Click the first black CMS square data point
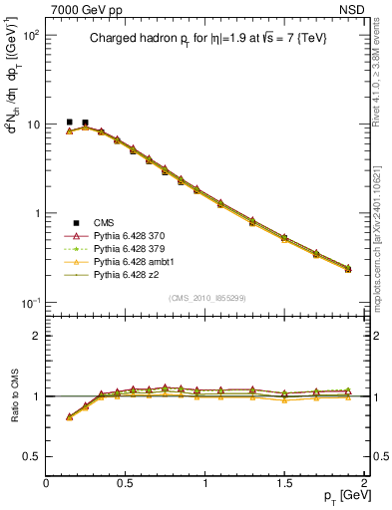[69, 123]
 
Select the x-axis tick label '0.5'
[126, 483]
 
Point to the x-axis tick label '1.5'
[284, 483]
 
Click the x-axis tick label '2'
[364, 483]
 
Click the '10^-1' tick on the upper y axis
[28, 303]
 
